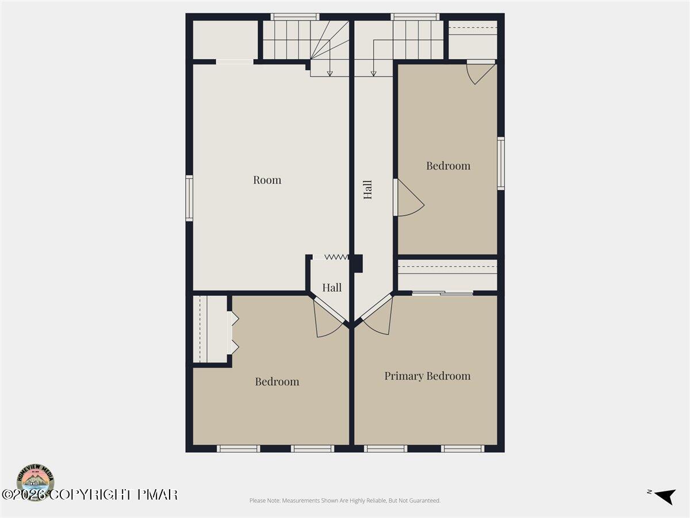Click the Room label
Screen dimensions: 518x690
(267, 180)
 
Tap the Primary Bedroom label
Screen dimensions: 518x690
(427, 376)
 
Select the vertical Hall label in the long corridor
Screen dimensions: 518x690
(368, 189)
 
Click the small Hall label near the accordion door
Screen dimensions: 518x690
(332, 288)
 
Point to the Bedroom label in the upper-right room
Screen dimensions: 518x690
(448, 166)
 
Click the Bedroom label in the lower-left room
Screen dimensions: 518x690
(277, 382)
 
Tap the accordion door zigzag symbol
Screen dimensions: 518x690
(336, 257)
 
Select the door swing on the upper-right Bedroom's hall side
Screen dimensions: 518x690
(409, 200)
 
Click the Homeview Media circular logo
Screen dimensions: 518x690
(36, 482)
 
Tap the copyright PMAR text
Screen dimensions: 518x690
(89, 494)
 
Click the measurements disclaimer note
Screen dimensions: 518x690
(345, 501)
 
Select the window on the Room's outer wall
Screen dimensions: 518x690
(189, 198)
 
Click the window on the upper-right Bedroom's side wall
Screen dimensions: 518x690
(501, 163)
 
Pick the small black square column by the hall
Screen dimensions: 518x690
(358, 263)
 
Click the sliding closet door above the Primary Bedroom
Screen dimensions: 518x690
(443, 294)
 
